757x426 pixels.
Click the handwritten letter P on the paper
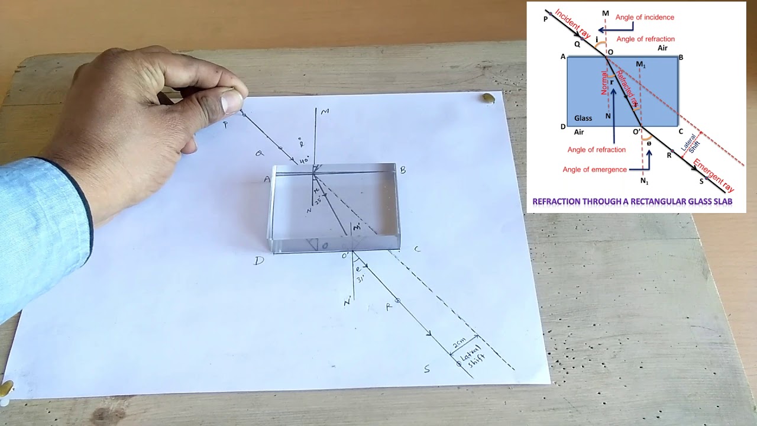pyautogui.click(x=225, y=125)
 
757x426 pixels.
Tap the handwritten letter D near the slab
pyautogui.click(x=259, y=260)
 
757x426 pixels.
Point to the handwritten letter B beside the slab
pyautogui.click(x=403, y=170)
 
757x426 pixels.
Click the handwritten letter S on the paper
pyautogui.click(x=426, y=370)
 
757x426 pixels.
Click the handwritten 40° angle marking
pyautogui.click(x=304, y=161)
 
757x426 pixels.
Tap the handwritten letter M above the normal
pyautogui.click(x=325, y=112)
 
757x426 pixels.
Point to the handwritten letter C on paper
pyautogui.click(x=417, y=249)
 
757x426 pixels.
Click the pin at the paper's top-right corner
pyautogui.click(x=489, y=98)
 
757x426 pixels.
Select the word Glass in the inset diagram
pyautogui.click(x=583, y=118)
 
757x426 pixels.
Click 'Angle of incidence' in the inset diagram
pyautogui.click(x=645, y=18)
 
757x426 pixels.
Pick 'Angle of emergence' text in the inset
pyautogui.click(x=594, y=170)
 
